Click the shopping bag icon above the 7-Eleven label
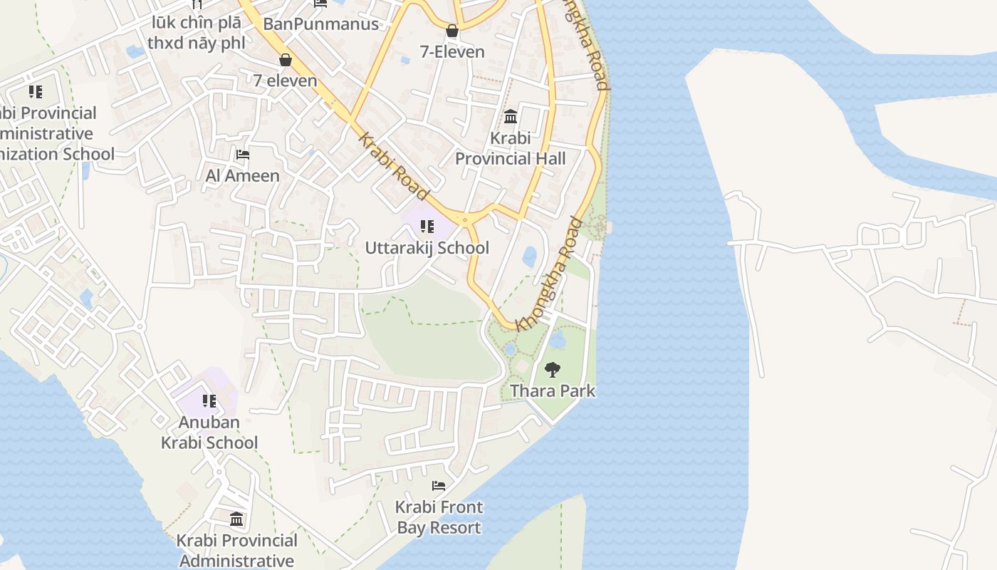click(x=451, y=31)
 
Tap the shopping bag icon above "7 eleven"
click(x=286, y=60)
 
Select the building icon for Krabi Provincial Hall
click(x=511, y=116)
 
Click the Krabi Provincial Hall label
click(x=510, y=148)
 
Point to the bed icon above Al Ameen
click(x=242, y=154)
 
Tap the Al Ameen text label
click(x=242, y=175)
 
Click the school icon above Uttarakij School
click(x=427, y=227)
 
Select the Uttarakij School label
click(x=427, y=248)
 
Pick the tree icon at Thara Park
click(x=552, y=369)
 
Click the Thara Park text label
click(x=552, y=391)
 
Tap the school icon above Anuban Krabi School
click(x=209, y=401)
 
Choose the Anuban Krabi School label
click(x=209, y=432)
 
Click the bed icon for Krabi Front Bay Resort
click(x=439, y=486)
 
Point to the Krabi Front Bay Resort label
click(x=439, y=517)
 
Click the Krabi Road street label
click(x=394, y=167)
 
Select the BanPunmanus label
click(x=320, y=24)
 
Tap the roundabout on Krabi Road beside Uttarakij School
click(x=465, y=220)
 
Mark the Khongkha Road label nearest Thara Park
click(x=547, y=274)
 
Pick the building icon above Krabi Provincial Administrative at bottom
click(x=236, y=519)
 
